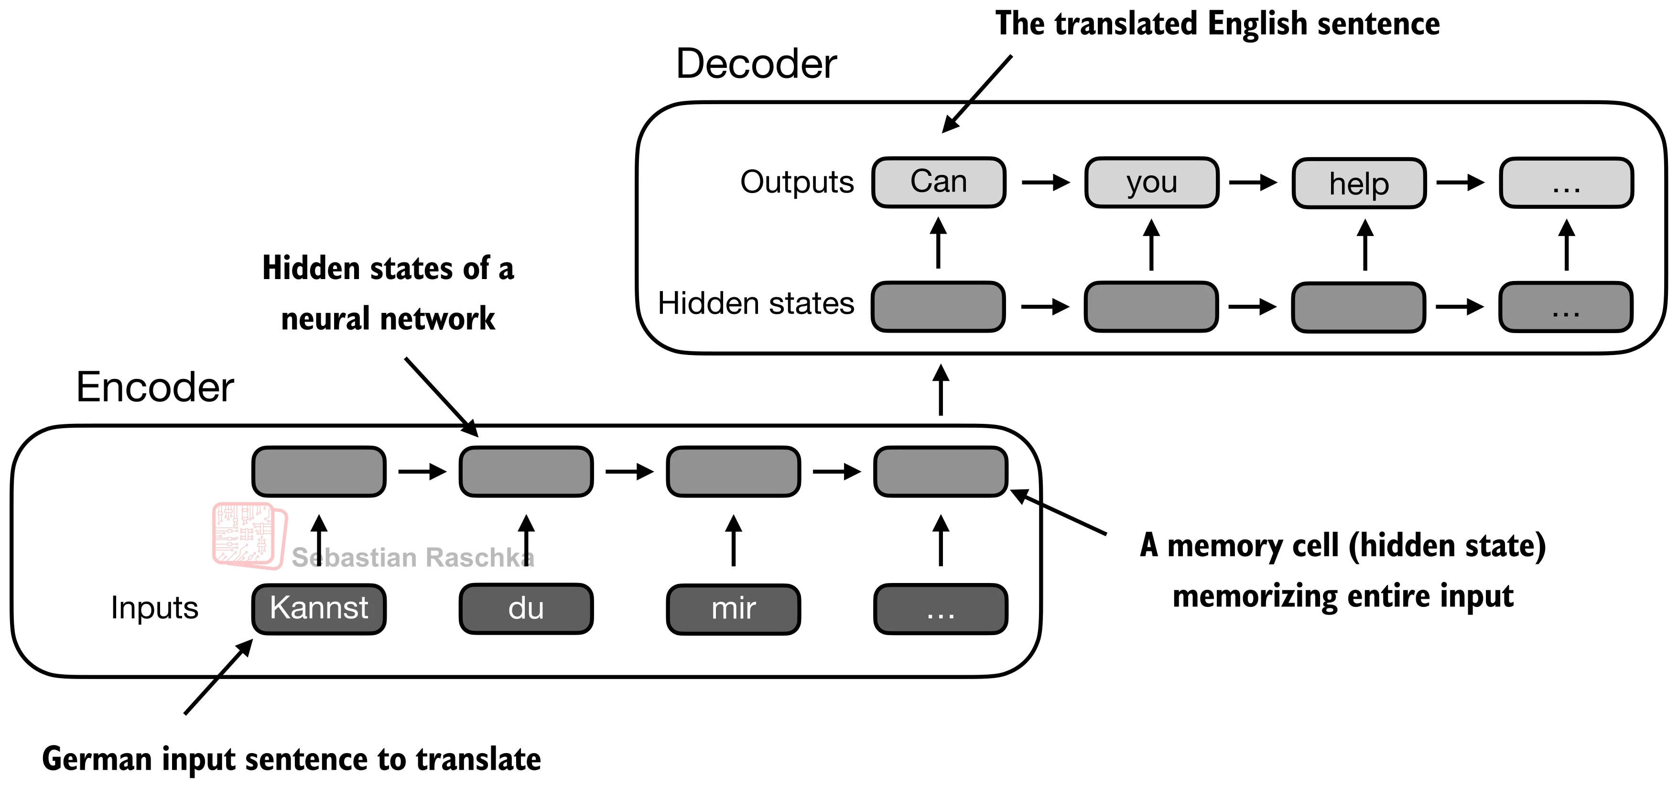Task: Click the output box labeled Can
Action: [938, 183]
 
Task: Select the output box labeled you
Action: [1151, 183]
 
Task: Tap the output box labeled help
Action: [1359, 183]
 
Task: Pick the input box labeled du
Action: [526, 608]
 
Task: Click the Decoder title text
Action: [756, 64]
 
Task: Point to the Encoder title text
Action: [154, 387]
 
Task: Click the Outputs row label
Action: [797, 182]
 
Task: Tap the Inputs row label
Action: [154, 608]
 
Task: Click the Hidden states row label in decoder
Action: [756, 303]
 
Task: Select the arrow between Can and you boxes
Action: [1045, 183]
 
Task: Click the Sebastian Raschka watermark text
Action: [412, 558]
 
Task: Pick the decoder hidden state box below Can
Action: [938, 306]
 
